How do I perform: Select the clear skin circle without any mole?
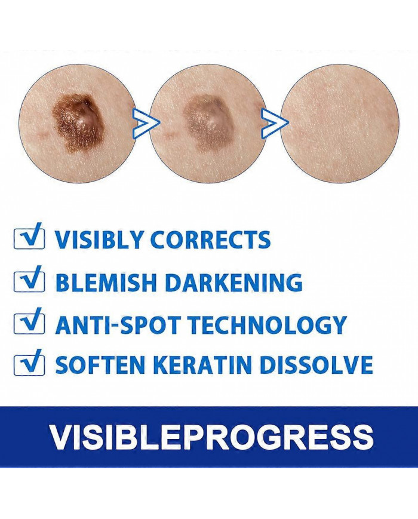click(x=339, y=122)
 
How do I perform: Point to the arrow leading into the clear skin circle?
click(x=275, y=122)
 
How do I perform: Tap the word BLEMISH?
click(x=106, y=282)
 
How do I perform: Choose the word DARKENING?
click(x=233, y=282)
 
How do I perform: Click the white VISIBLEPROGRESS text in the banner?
click(x=212, y=436)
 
